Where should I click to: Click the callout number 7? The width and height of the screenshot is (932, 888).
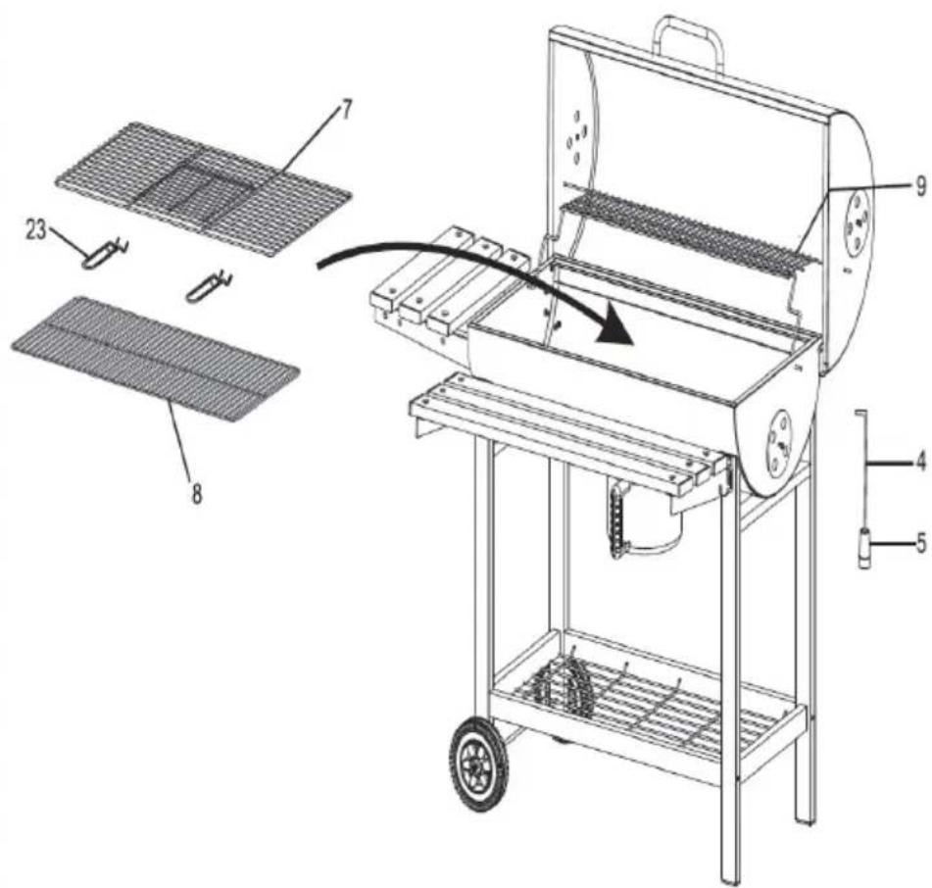[346, 110]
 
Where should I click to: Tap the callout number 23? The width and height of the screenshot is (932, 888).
[36, 229]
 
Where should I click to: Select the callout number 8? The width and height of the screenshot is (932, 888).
[196, 492]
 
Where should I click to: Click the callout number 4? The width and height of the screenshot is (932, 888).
[920, 461]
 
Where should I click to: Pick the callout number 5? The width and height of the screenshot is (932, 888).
[921, 543]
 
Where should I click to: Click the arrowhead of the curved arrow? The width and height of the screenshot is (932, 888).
[614, 328]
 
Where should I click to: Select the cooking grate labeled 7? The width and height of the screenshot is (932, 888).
[203, 189]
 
